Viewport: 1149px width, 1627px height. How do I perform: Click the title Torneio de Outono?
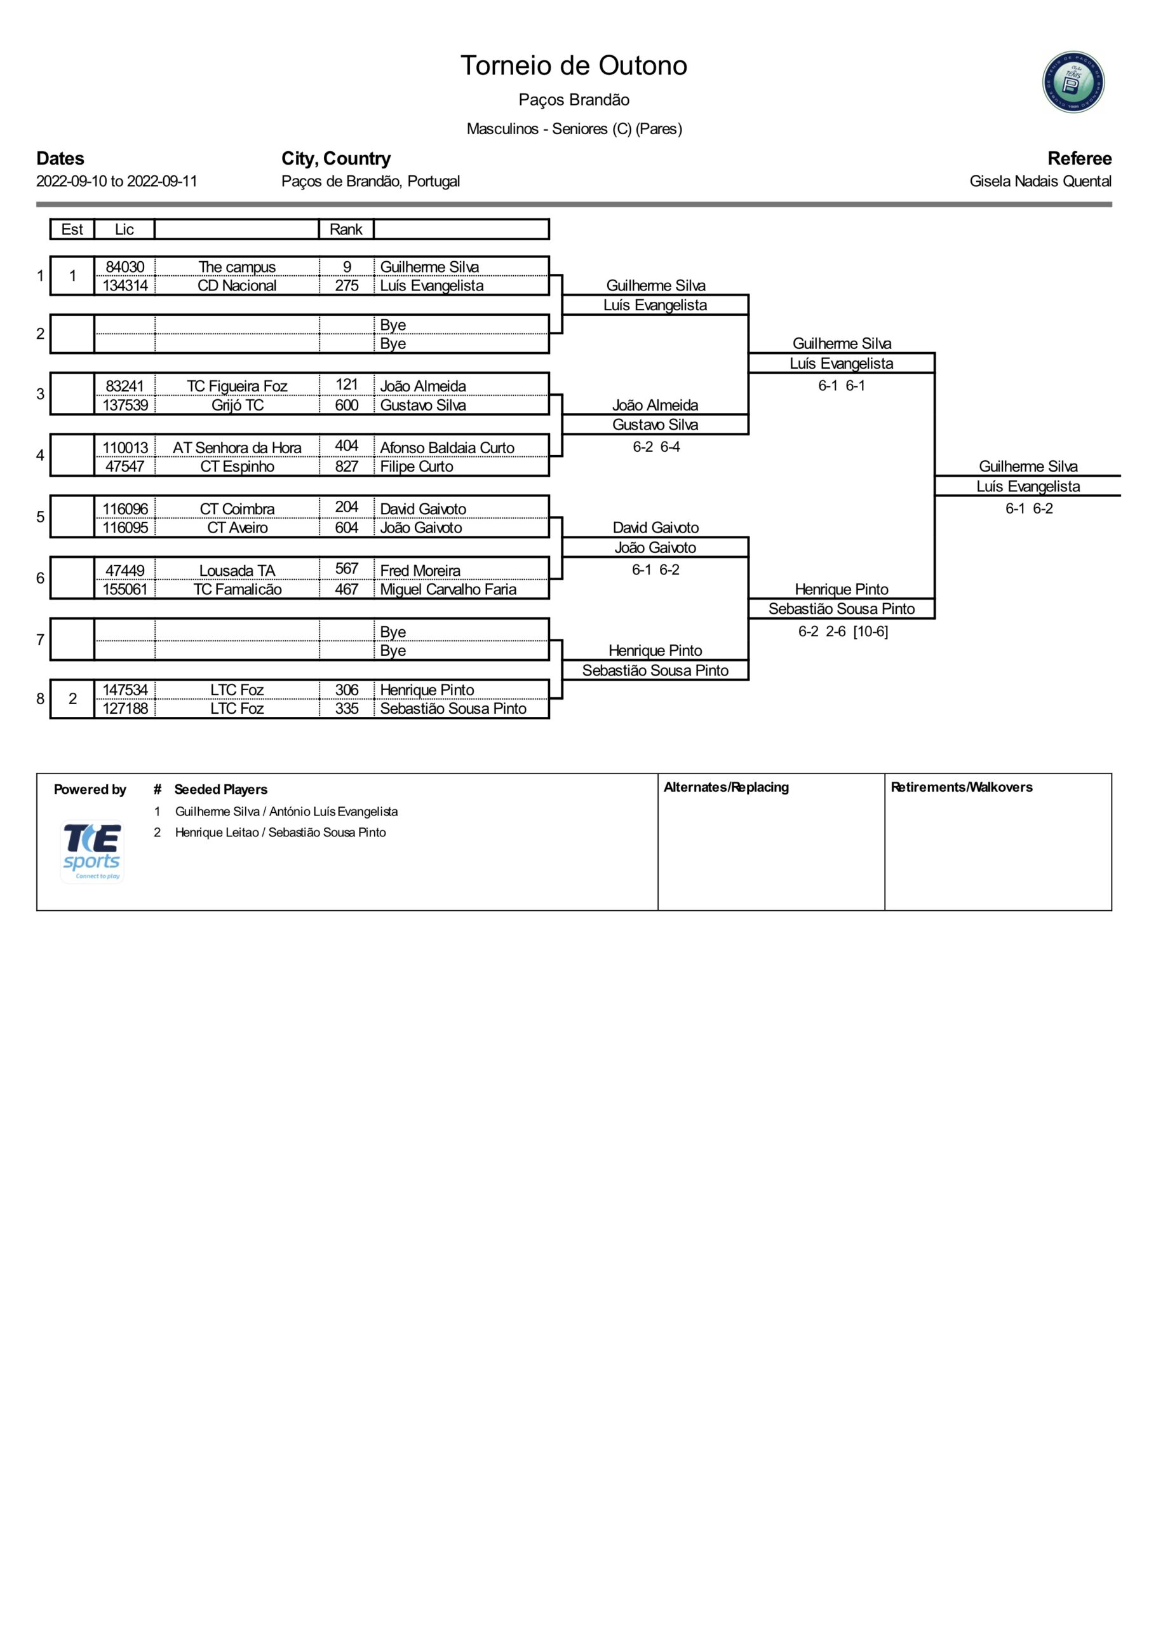tap(574, 65)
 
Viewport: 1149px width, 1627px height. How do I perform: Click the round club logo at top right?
tap(1073, 81)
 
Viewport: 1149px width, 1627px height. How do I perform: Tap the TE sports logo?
tap(92, 852)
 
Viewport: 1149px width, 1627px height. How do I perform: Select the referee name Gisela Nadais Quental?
tap(1040, 181)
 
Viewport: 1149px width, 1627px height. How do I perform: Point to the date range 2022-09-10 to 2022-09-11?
tap(117, 181)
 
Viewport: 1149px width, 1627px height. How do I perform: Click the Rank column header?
tap(346, 229)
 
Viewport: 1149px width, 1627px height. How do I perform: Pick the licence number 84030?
tap(124, 267)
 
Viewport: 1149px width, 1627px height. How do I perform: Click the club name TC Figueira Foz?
tap(237, 386)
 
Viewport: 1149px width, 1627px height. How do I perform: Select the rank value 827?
tap(346, 466)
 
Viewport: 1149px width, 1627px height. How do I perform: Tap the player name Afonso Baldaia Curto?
tap(447, 448)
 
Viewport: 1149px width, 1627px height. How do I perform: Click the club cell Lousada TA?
tap(237, 571)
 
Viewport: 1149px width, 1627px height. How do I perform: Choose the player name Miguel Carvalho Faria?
tap(448, 590)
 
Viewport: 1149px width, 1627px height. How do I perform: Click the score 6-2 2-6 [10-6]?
tap(843, 631)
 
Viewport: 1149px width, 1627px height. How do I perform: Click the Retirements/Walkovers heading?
tap(961, 787)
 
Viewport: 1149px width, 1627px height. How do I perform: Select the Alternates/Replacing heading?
tap(726, 787)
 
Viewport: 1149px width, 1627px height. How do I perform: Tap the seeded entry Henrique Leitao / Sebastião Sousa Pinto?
tap(281, 833)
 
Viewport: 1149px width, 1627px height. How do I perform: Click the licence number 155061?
tap(124, 590)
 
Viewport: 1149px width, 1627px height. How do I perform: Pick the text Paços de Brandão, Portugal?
tap(370, 181)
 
